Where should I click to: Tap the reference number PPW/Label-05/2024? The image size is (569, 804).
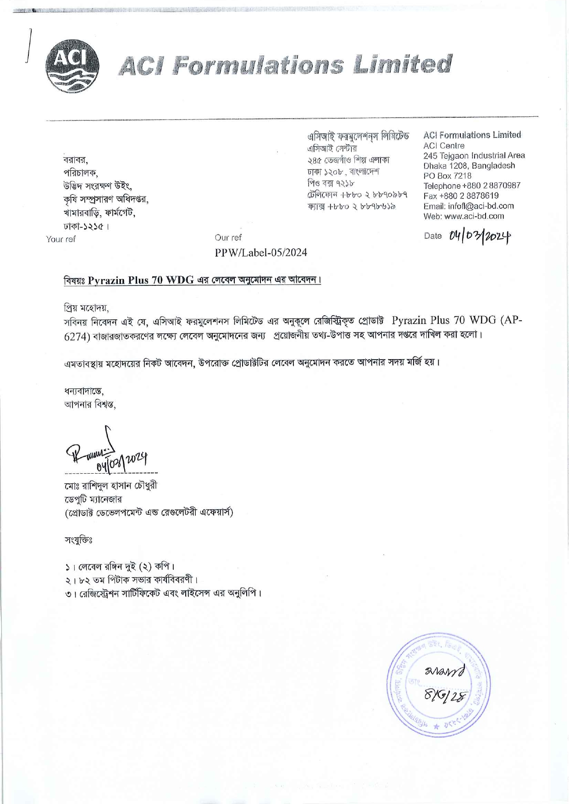tap(261, 252)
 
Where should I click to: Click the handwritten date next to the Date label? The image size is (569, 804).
tap(479, 236)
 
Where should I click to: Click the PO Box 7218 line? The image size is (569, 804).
tap(447, 176)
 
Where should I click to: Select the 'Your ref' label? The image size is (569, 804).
tap(61, 239)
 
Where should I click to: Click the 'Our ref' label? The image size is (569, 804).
tap(228, 237)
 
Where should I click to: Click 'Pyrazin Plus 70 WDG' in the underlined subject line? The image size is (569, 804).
tap(140, 280)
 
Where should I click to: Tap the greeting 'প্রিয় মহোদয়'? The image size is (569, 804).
tap(86, 307)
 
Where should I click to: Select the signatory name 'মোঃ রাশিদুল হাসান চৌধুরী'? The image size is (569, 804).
tap(111, 486)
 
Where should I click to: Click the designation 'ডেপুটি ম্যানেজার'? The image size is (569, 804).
tap(93, 499)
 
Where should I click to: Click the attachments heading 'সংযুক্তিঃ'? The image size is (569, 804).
tap(78, 540)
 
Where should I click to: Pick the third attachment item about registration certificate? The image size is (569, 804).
tap(163, 594)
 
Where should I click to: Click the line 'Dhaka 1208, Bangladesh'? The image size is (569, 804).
tap(469, 166)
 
